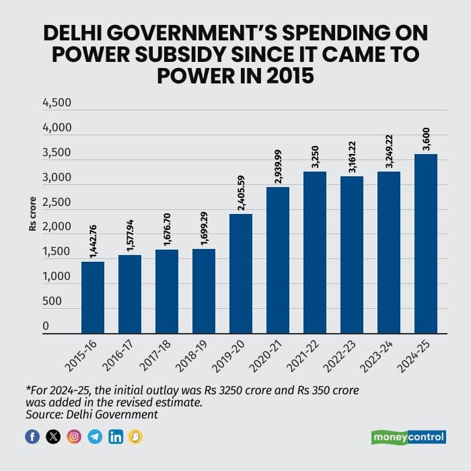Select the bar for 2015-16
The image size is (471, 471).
point(93,297)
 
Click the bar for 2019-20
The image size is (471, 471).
point(241,273)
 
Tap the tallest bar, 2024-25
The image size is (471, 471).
point(426,244)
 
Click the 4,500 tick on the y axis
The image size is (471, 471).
point(56,103)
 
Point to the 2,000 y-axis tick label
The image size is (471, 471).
point(56,227)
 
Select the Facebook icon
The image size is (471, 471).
point(32,437)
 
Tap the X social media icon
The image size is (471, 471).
point(53,437)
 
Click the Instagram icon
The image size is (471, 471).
point(74,437)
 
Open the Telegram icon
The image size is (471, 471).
point(95,437)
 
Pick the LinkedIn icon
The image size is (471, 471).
point(116,437)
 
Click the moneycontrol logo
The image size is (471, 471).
point(408,437)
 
